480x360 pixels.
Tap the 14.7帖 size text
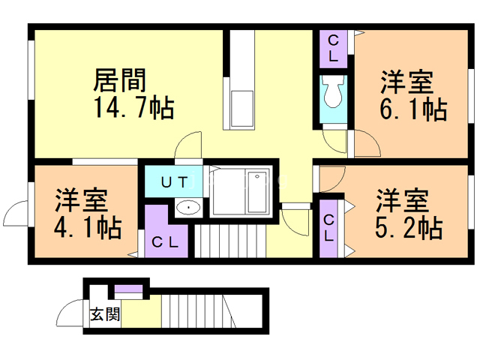pyautogui.click(x=134, y=107)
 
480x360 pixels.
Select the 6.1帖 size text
pyautogui.click(x=413, y=109)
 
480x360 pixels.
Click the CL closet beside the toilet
pyautogui.click(x=333, y=47)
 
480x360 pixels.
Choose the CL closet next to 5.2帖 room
pyautogui.click(x=328, y=226)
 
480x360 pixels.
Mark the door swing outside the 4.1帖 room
pyautogui.click(x=16, y=214)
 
